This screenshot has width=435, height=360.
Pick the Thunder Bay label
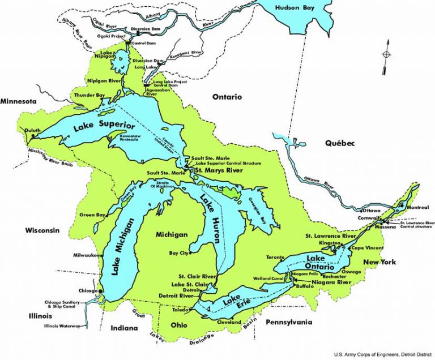(86, 96)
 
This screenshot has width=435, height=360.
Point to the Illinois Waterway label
(62, 326)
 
